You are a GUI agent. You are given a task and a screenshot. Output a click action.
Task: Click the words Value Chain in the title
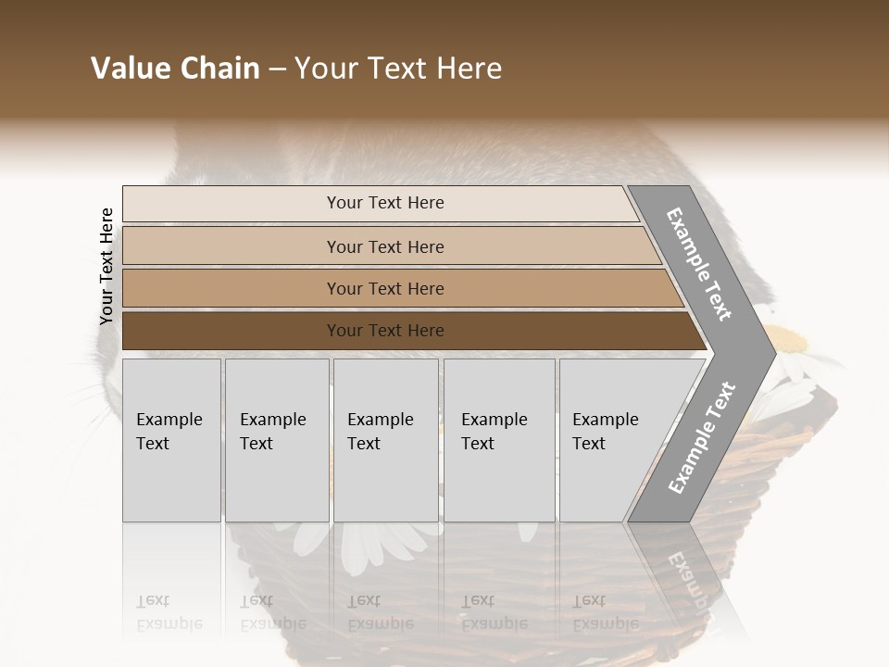click(x=175, y=69)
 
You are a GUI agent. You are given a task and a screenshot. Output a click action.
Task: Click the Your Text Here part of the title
click(x=398, y=69)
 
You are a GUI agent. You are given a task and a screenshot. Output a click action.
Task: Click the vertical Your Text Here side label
click(x=106, y=267)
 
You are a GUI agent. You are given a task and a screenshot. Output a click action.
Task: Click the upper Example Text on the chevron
click(x=699, y=264)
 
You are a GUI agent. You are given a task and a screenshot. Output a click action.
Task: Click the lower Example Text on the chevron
click(x=701, y=438)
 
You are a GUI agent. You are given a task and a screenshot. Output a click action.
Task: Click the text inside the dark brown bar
click(x=385, y=331)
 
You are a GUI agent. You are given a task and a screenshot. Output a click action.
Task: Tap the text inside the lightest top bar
click(x=385, y=203)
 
